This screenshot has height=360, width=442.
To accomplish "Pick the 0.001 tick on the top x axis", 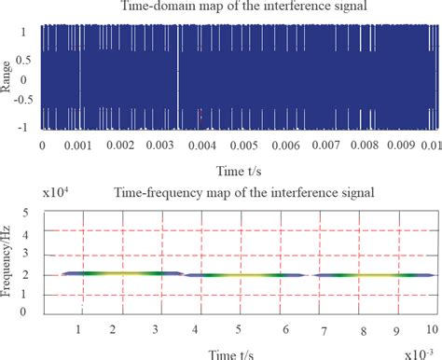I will tap(81, 145).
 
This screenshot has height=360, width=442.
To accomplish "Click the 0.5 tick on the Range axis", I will tap(26, 60).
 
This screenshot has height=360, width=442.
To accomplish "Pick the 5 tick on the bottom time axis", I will tap(239, 330).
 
